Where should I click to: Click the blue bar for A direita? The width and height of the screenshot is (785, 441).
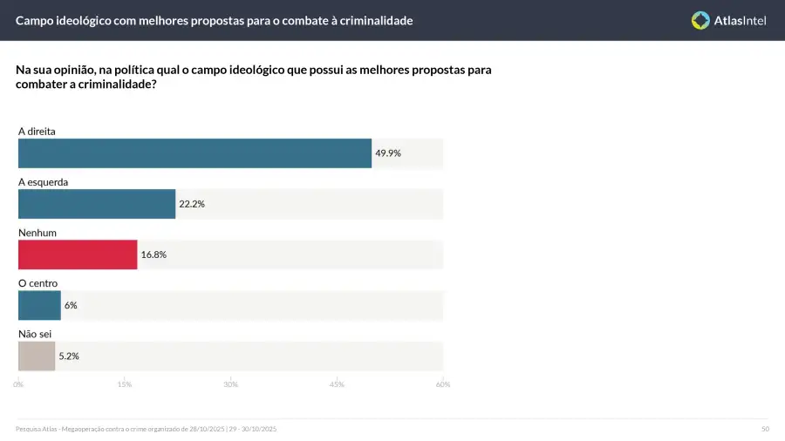pyautogui.click(x=195, y=153)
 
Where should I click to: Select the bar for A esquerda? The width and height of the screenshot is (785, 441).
pyautogui.click(x=97, y=204)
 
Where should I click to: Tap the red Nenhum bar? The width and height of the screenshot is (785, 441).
pyautogui.click(x=78, y=254)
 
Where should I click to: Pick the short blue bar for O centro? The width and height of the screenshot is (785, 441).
pyautogui.click(x=39, y=305)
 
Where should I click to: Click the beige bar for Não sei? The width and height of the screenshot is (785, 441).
pyautogui.click(x=37, y=356)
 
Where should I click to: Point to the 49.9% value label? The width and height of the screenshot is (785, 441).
pyautogui.click(x=388, y=153)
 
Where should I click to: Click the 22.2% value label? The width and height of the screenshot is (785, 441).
pyautogui.click(x=192, y=204)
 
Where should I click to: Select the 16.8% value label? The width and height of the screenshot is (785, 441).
pyautogui.click(x=154, y=254)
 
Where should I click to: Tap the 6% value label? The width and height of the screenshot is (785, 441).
pyautogui.click(x=71, y=305)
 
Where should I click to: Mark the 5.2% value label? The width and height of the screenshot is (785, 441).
pyautogui.click(x=68, y=356)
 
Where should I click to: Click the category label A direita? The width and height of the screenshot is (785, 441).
pyautogui.click(x=38, y=131)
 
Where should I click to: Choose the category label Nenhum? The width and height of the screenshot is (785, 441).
pyautogui.click(x=38, y=233)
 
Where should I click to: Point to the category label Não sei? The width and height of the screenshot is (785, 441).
pyautogui.click(x=35, y=334)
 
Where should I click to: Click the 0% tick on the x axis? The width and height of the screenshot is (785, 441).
pyautogui.click(x=18, y=384)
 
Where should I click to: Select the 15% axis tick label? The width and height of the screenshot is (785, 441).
pyautogui.click(x=124, y=384)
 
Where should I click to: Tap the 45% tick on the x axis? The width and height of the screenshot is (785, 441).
pyautogui.click(x=337, y=384)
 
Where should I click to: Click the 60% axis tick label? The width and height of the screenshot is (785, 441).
pyautogui.click(x=443, y=384)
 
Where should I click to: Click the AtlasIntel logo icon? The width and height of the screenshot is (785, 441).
pyautogui.click(x=700, y=20)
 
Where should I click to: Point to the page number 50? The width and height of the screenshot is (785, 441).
pyautogui.click(x=765, y=429)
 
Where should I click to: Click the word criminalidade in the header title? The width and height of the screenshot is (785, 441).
pyautogui.click(x=370, y=20)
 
